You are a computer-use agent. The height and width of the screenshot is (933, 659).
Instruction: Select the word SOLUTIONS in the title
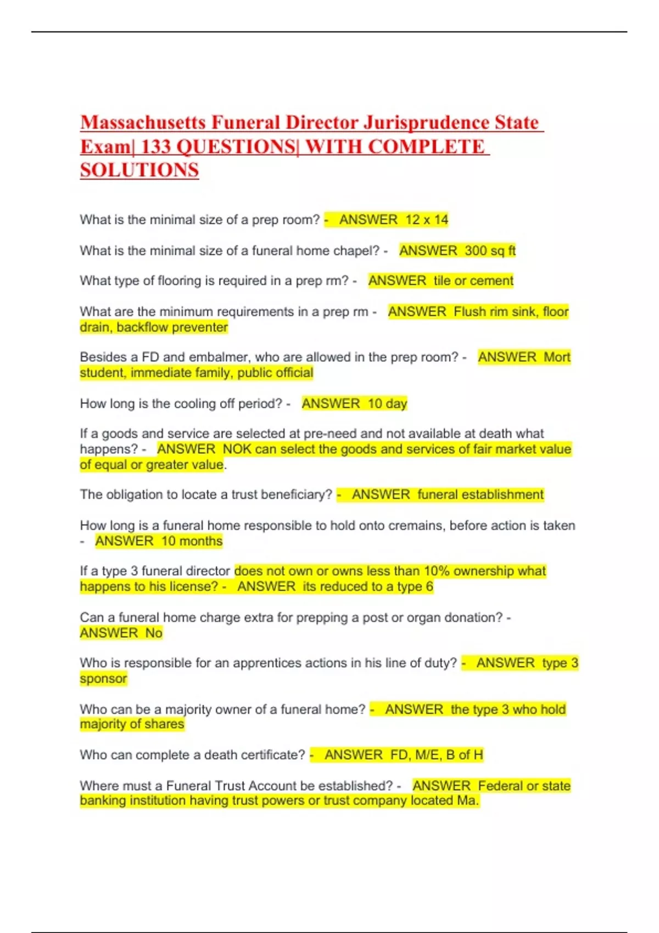click(139, 170)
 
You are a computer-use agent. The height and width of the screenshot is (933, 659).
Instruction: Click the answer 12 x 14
click(427, 220)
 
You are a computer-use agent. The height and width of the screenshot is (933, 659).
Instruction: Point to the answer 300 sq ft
click(490, 251)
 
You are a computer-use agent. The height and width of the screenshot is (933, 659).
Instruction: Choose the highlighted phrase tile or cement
click(473, 281)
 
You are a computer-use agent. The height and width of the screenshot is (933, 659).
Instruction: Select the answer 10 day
click(387, 404)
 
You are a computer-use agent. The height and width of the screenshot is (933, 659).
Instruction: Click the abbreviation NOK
click(237, 449)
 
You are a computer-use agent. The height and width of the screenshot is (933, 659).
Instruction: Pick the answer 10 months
click(192, 541)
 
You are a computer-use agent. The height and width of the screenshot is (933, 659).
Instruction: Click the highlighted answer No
click(154, 633)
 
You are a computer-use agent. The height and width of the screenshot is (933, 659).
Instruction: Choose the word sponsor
click(103, 679)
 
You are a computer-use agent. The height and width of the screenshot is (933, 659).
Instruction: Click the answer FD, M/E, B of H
click(437, 755)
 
